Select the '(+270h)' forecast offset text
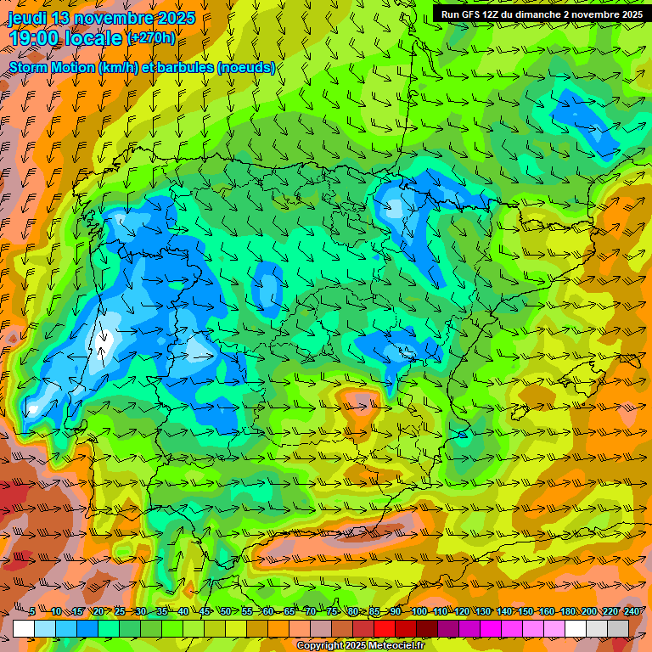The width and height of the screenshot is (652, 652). point(151,37)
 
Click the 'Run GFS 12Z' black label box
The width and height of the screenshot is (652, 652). point(541,14)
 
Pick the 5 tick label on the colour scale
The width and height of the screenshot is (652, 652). point(32,611)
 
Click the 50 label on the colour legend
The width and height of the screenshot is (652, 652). point(225,611)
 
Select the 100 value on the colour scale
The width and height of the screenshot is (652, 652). point(419,611)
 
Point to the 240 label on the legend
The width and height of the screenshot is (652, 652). point(631,611)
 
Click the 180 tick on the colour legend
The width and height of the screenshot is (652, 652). point(567,611)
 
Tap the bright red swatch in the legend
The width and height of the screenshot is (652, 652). point(385,628)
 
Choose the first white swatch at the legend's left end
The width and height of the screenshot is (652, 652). point(24,628)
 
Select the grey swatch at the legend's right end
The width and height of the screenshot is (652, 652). point(618,628)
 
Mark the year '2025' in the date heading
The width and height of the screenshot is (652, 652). point(176,18)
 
